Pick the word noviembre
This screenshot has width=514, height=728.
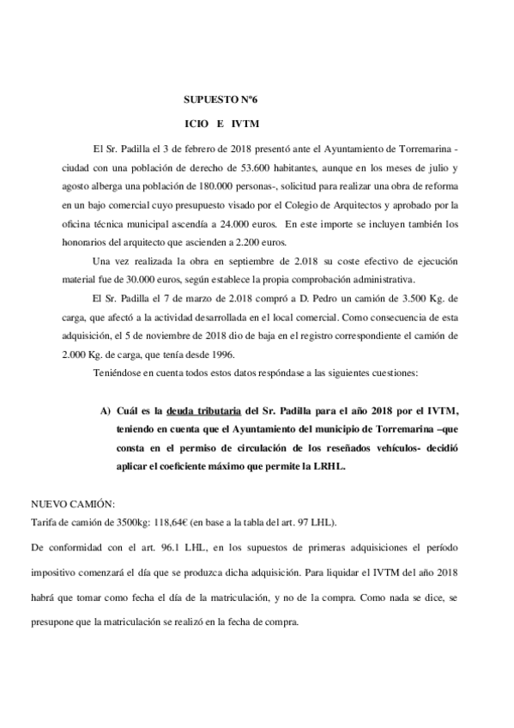(183, 337)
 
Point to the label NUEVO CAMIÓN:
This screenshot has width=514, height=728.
(73, 504)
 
